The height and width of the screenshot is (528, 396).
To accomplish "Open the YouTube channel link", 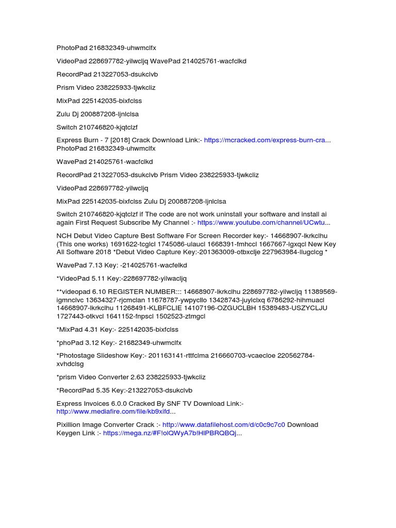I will (x=263, y=223).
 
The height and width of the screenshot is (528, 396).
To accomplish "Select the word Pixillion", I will (x=69, y=425).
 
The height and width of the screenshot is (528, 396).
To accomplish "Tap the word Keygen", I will (x=68, y=434).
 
